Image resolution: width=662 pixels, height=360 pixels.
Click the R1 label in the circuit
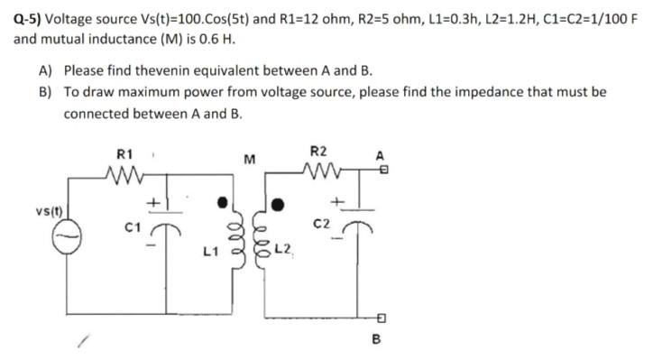tap(126, 152)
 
